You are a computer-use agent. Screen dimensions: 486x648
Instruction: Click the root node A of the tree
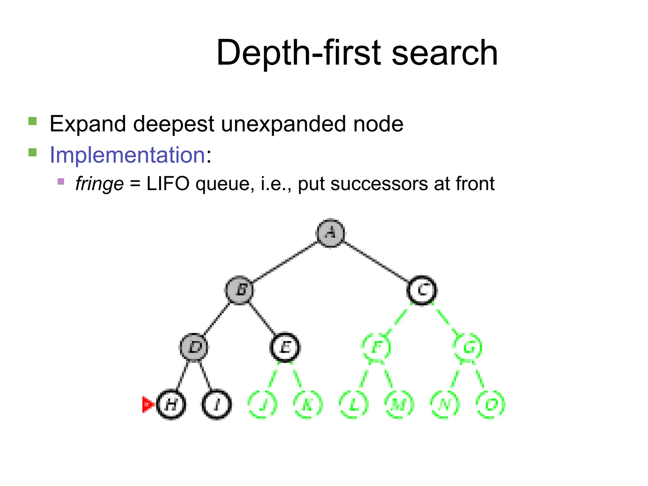click(331, 233)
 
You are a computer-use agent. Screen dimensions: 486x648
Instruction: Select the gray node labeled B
click(240, 290)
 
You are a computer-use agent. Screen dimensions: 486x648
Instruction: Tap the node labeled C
click(422, 290)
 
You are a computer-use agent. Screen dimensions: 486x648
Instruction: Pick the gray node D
click(194, 347)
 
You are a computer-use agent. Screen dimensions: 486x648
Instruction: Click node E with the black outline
click(285, 347)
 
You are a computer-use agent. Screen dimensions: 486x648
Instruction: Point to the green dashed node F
click(376, 347)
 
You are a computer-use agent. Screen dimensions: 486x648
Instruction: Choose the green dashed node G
click(468, 347)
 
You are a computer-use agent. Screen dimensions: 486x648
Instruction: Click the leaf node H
click(171, 404)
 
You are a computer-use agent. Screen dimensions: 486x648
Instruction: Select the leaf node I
click(217, 404)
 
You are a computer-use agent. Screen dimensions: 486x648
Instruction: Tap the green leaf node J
click(262, 404)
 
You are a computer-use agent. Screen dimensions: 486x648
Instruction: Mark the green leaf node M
click(399, 404)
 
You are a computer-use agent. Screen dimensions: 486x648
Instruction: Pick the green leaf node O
click(490, 404)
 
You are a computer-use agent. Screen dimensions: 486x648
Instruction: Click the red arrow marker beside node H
click(147, 404)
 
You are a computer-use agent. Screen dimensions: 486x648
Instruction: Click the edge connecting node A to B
click(285, 262)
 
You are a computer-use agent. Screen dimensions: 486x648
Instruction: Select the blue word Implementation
click(128, 155)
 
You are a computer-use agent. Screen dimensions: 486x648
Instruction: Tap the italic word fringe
click(99, 184)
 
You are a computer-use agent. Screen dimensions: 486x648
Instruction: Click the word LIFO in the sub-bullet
click(168, 184)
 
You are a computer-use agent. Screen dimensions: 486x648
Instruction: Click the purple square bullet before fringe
click(61, 182)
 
